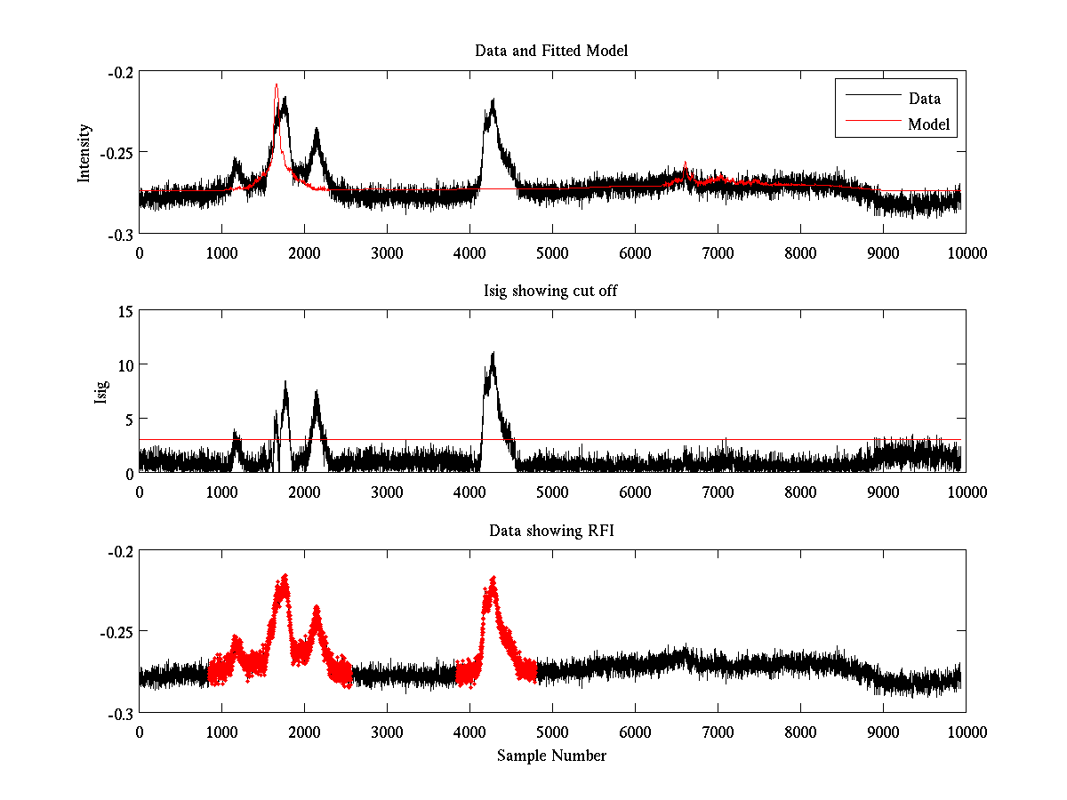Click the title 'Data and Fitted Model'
pyautogui.click(x=551, y=51)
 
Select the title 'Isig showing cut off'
pyautogui.click(x=551, y=291)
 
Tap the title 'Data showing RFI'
pyautogui.click(x=551, y=531)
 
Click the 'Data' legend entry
pyautogui.click(x=924, y=99)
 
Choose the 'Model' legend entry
pyautogui.click(x=928, y=124)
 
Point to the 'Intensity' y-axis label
pyautogui.click(x=84, y=152)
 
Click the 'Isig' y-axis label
pyautogui.click(x=100, y=392)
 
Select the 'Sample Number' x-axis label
pyautogui.click(x=551, y=756)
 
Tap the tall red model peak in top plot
pyautogui.click(x=277, y=86)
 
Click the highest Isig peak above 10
pyautogui.click(x=493, y=354)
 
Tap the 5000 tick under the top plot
pyautogui.click(x=552, y=252)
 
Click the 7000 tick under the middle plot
pyautogui.click(x=718, y=492)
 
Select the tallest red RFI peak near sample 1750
pyautogui.click(x=285, y=577)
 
